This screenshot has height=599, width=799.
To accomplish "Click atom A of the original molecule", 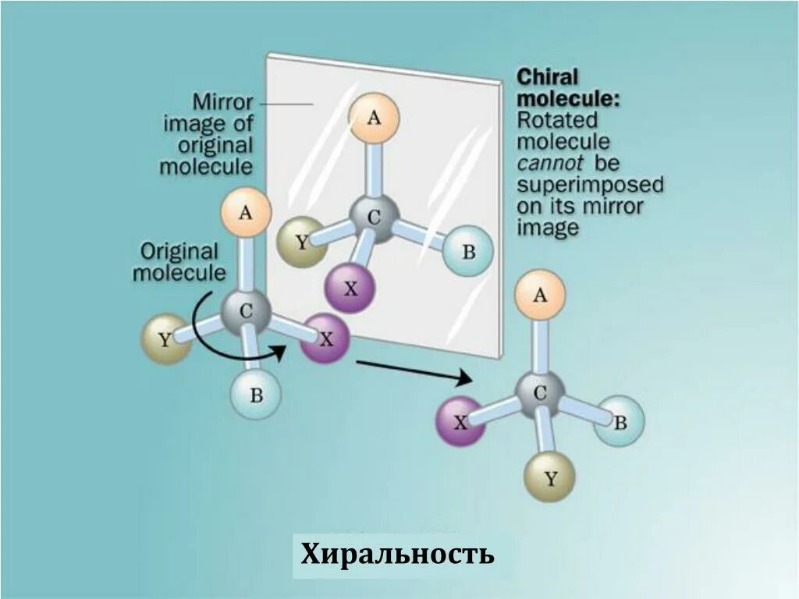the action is tap(245, 211).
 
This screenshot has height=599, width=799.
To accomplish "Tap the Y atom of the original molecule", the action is tap(165, 339).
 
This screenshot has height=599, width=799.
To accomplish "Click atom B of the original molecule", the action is tap(255, 395).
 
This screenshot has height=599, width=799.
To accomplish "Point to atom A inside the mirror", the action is tap(374, 118).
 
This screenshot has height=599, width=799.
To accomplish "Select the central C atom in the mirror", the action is tap(374, 217).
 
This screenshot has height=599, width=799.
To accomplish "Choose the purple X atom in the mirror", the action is tap(350, 288).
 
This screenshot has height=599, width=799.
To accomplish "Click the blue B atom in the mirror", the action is tap(468, 251).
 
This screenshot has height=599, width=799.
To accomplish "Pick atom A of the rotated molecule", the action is tap(540, 296).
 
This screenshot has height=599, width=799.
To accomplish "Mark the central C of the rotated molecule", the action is tap(540, 395).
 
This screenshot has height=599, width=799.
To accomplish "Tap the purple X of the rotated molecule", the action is tap(460, 422).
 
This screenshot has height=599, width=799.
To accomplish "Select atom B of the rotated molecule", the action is tap(620, 422).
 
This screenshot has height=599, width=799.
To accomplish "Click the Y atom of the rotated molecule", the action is tap(550, 477).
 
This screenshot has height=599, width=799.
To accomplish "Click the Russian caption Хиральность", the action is tap(397, 555).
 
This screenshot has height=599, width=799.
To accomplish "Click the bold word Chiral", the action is tap(548, 78).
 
